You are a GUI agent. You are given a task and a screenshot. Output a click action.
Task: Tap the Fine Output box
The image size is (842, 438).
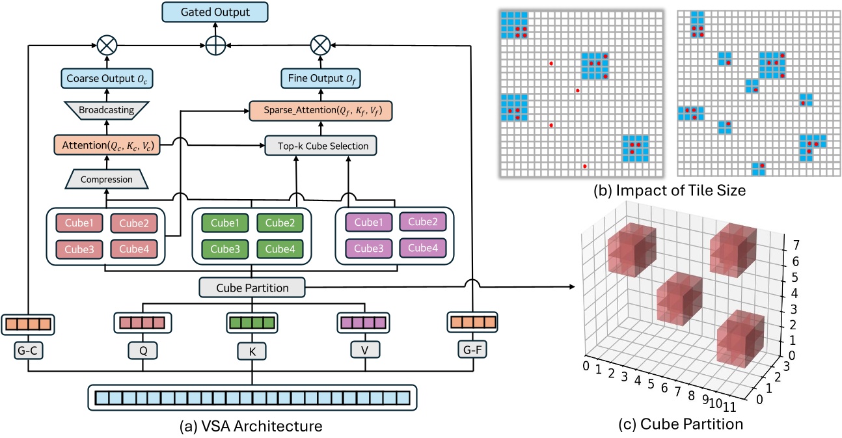point(319,79)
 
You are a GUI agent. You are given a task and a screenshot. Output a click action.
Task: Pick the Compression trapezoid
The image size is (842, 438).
point(107,178)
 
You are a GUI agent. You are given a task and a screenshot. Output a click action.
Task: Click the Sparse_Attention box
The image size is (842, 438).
point(321,111)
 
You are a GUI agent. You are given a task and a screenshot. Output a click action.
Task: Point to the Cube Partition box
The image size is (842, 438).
point(252,286)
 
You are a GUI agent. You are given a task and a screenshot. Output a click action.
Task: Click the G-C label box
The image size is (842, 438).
point(28,351)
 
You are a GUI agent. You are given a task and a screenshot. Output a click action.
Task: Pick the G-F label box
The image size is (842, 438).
point(472,351)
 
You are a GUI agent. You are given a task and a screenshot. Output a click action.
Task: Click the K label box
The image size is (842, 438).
point(251,351)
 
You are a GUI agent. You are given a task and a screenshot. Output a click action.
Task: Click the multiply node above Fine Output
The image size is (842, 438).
point(319,45)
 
